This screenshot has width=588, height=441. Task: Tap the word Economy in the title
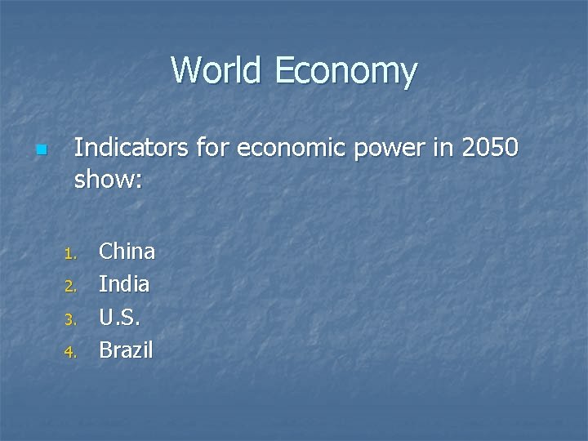346,72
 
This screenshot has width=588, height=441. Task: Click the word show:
109,180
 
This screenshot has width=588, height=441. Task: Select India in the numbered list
124,284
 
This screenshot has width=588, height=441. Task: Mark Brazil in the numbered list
126,350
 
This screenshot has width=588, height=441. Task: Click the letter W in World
187,70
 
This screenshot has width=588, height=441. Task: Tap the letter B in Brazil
105,350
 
